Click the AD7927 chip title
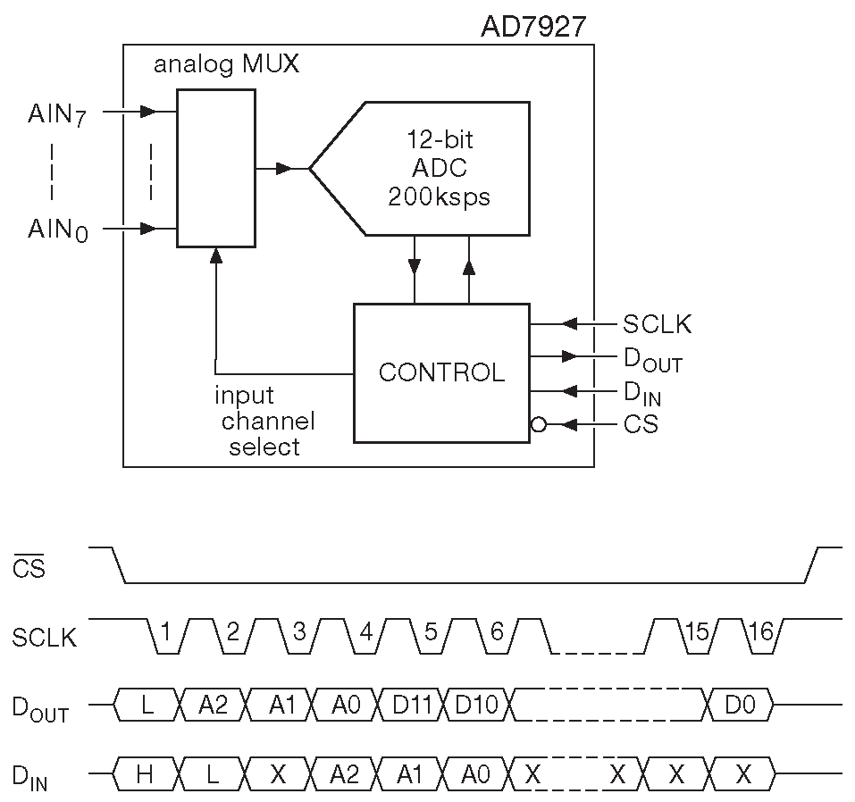pyautogui.click(x=533, y=26)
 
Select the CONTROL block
pyautogui.click(x=441, y=372)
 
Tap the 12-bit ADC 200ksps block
pyautogui.click(x=438, y=169)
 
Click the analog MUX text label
pyautogui.click(x=226, y=65)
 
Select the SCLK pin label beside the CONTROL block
pyautogui.click(x=658, y=323)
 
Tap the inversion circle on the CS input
pyautogui.click(x=538, y=425)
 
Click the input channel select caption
pyautogui.click(x=264, y=421)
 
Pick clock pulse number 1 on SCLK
pyautogui.click(x=166, y=633)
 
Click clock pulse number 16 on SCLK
pyautogui.click(x=760, y=633)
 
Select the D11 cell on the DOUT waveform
pyautogui.click(x=412, y=706)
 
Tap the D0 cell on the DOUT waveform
pyautogui.click(x=740, y=706)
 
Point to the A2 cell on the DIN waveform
pyautogui.click(x=344, y=774)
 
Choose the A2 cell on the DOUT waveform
pyautogui.click(x=214, y=706)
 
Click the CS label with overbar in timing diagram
pyautogui.click(x=29, y=568)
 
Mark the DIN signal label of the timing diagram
pyautogui.click(x=30, y=777)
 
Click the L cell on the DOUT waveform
pyautogui.click(x=147, y=706)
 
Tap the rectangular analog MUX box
pyautogui.click(x=215, y=168)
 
